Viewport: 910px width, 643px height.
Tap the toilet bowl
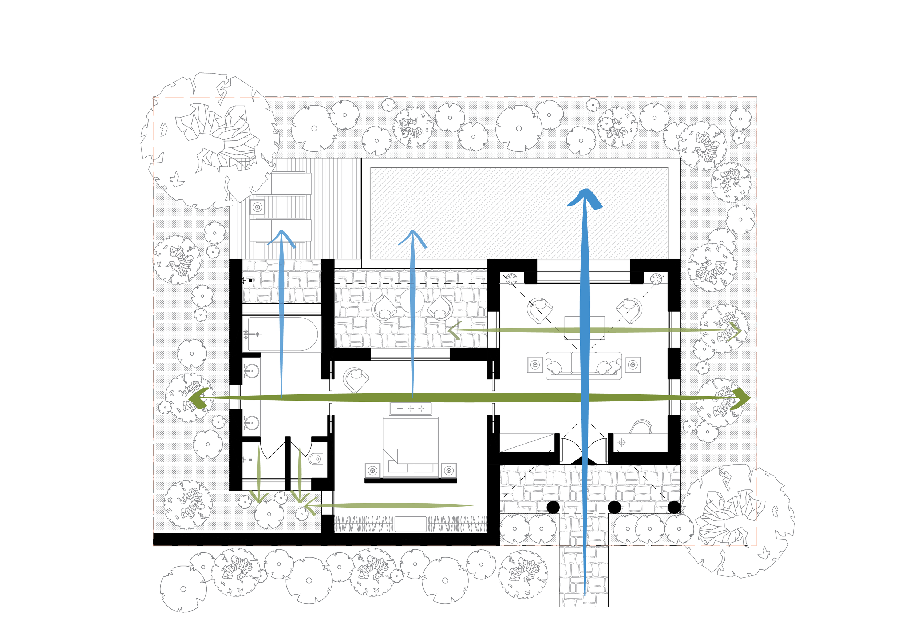click(315, 459)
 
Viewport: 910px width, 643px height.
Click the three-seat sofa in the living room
click(583, 365)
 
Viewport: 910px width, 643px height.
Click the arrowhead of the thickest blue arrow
click(585, 198)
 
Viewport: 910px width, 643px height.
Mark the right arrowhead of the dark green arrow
click(740, 398)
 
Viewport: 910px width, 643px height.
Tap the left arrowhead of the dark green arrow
click(199, 398)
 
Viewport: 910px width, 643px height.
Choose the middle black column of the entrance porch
click(614, 507)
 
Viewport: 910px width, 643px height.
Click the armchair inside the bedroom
click(356, 379)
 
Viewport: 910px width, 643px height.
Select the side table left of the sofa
click(535, 365)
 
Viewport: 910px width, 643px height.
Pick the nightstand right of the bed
click(449, 470)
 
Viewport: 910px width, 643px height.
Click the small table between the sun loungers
click(258, 207)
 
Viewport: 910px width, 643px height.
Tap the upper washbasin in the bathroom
click(250, 371)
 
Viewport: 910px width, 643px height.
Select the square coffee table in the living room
click(585, 328)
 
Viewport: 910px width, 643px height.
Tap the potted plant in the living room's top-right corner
click(656, 278)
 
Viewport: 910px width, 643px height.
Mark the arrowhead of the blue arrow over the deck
click(282, 237)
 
